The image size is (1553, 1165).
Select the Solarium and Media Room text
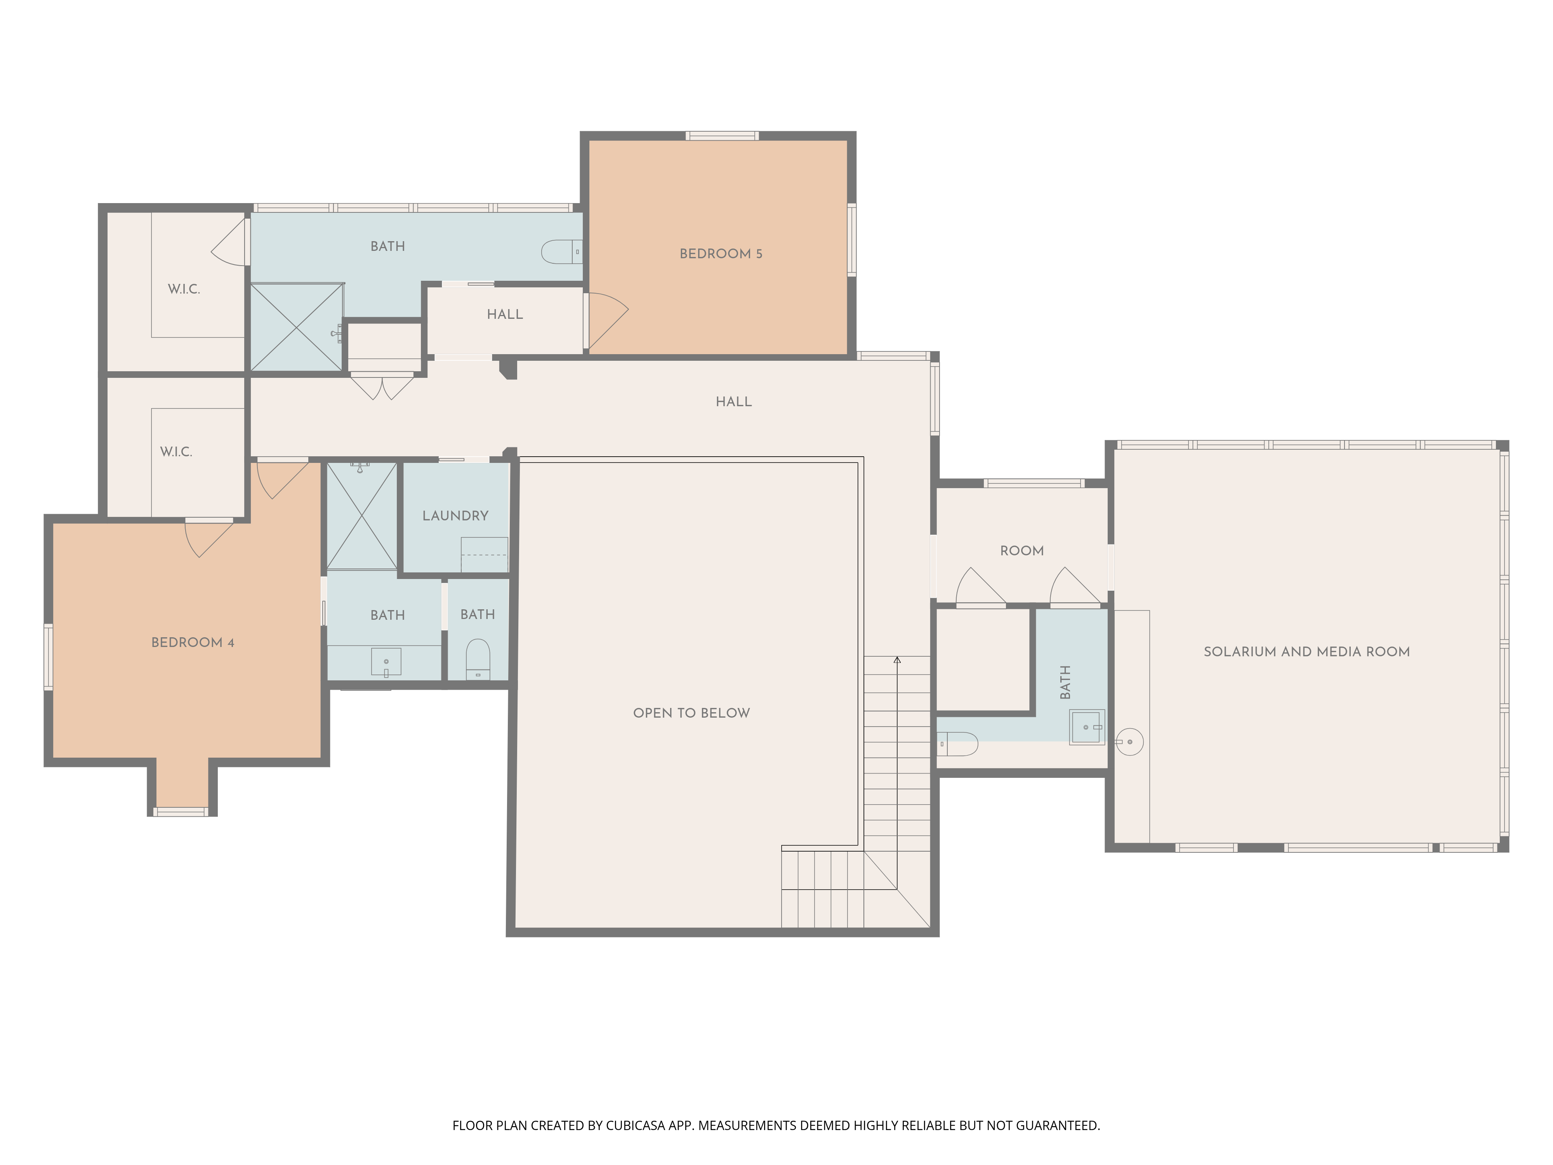click(x=1306, y=652)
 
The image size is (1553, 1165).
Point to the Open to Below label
click(x=691, y=713)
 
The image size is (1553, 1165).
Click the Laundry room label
click(x=455, y=515)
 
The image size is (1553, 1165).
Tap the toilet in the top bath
click(x=562, y=251)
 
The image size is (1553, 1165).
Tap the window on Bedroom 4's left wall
click(x=49, y=657)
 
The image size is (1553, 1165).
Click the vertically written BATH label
click(x=1065, y=682)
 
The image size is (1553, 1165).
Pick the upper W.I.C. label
click(x=184, y=289)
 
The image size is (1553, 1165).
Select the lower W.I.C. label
click(x=176, y=452)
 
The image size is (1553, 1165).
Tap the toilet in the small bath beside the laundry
click(x=478, y=659)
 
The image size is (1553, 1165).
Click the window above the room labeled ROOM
click(x=1034, y=483)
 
